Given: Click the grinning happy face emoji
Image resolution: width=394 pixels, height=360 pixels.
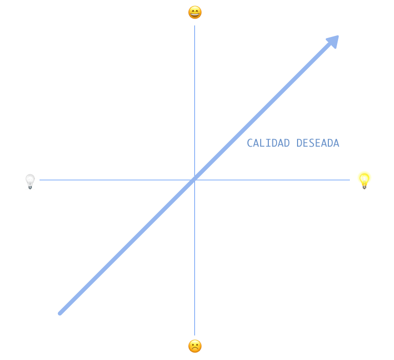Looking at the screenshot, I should [195, 12].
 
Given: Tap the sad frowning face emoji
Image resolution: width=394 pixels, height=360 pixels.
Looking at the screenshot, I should [195, 346].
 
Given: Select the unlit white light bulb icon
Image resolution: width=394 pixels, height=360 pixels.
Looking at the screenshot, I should [30, 181].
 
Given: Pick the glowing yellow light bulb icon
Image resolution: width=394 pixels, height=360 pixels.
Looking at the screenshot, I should [364, 180].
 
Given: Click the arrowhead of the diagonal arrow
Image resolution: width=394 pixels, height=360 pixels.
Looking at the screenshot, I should [333, 41].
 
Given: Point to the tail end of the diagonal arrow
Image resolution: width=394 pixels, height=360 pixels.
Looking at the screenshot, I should [60, 313].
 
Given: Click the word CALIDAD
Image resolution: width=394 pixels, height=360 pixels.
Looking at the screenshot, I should [268, 143].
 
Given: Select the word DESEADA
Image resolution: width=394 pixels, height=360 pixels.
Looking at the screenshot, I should [318, 143].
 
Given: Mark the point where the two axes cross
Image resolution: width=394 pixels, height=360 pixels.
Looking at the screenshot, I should [194, 180].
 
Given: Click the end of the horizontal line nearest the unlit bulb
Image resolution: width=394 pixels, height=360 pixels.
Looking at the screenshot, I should [40, 180].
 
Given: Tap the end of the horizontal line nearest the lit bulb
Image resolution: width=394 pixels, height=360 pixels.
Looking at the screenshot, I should [349, 180].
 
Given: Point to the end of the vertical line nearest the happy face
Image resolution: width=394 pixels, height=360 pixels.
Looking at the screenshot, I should [194, 26].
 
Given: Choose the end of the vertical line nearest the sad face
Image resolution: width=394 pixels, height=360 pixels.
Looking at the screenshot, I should [194, 335].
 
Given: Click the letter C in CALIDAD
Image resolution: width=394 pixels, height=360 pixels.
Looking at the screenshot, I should [250, 143].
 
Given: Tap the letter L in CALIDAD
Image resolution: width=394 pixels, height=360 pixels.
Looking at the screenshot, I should [262, 143].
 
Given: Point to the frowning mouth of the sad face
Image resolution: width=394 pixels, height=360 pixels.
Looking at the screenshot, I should [195, 349].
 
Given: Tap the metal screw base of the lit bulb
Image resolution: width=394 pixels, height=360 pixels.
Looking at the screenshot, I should [364, 186].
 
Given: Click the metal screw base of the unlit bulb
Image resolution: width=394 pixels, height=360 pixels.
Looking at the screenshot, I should [30, 187].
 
